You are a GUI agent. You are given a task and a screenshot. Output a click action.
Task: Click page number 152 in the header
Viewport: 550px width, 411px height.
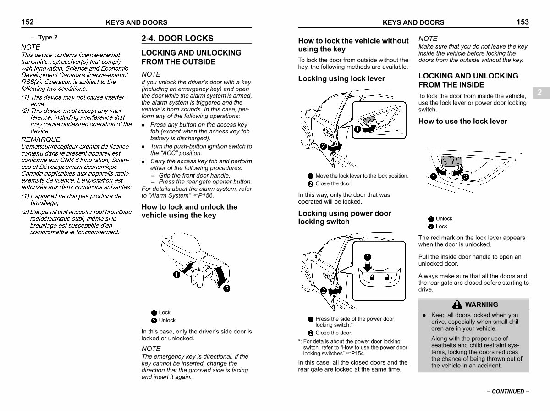tap(27, 22)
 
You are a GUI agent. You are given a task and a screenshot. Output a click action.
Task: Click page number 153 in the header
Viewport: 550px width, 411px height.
tap(522, 22)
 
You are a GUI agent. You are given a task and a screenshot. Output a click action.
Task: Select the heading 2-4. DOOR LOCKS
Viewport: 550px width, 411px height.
tap(177, 39)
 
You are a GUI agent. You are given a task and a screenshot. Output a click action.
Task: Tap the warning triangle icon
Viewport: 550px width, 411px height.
tap(457, 304)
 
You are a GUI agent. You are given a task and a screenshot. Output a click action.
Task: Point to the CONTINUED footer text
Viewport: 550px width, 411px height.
tap(508, 391)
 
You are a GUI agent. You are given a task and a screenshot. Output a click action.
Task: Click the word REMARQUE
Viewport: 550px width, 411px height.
tap(41, 139)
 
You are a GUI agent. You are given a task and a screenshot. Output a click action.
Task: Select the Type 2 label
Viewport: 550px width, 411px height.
tap(48, 37)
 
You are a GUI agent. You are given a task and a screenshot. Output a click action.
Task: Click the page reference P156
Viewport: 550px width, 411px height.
tap(206, 195)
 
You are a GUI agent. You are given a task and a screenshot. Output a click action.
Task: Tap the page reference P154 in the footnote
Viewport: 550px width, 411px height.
tap(358, 353)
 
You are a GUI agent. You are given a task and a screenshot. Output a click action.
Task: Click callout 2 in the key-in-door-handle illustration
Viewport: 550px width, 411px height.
tap(226, 289)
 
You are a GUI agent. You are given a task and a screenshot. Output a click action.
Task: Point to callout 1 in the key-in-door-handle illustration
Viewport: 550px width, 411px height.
tap(176, 275)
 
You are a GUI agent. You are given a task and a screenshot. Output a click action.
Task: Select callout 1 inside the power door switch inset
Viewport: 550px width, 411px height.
tap(367, 257)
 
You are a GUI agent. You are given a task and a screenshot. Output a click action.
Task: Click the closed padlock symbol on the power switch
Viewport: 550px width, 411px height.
tap(372, 277)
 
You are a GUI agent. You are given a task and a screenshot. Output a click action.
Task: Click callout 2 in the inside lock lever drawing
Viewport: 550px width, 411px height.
tap(465, 177)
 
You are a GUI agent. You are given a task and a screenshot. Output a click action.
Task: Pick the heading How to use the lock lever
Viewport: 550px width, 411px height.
tap(463, 122)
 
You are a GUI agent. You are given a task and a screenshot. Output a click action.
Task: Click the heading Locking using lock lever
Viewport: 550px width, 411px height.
tap(341, 78)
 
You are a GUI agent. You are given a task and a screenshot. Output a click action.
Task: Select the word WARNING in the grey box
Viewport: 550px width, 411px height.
tap(482, 305)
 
